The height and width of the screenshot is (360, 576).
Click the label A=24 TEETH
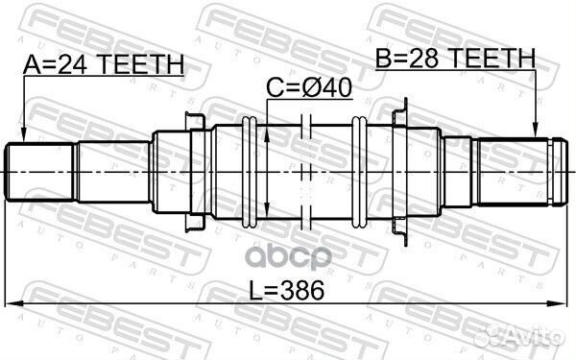click(103, 64)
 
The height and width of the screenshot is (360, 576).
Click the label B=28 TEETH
click(455, 60)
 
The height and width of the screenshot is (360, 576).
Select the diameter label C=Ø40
click(309, 89)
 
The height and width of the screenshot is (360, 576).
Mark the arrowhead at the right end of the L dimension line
click(561, 305)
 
